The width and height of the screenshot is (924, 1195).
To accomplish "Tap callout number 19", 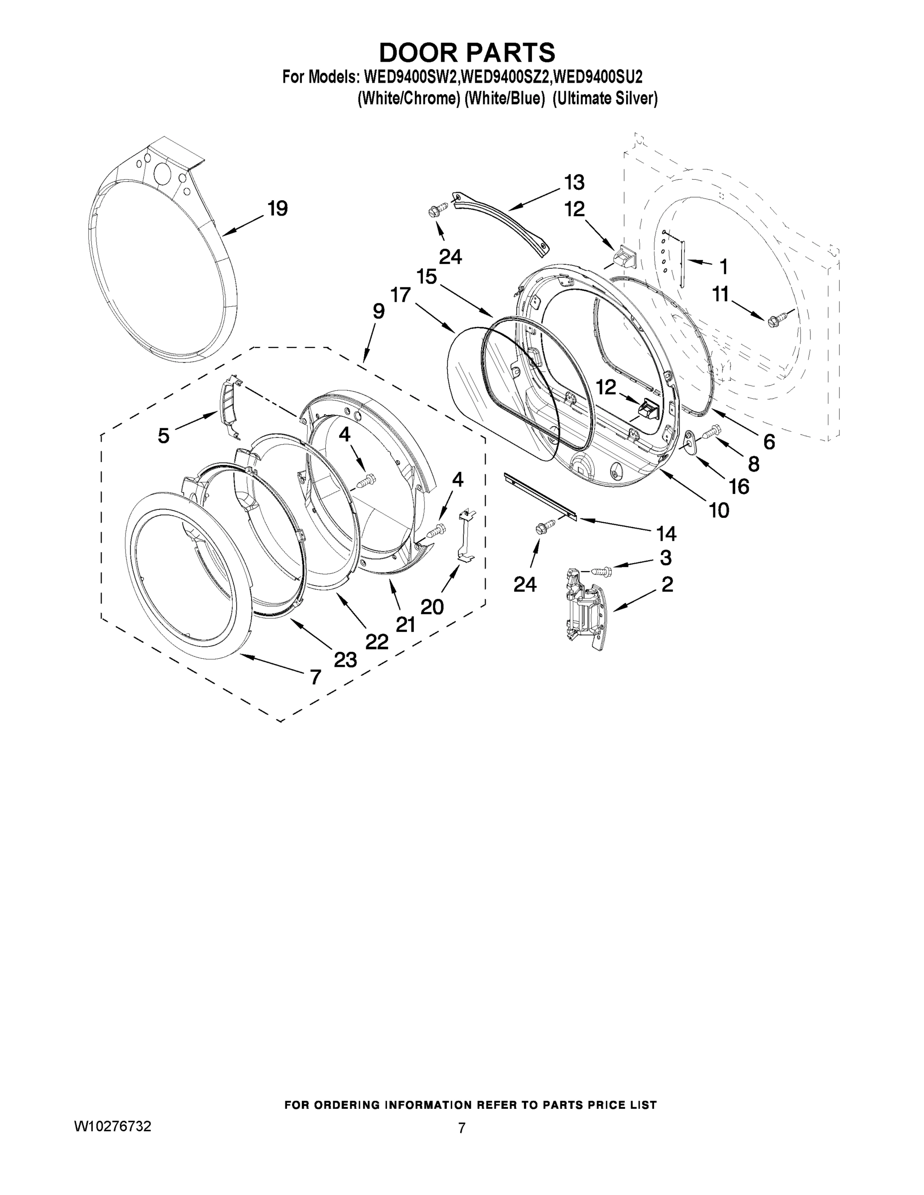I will tap(277, 209).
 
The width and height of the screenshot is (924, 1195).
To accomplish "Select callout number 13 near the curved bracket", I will tap(574, 182).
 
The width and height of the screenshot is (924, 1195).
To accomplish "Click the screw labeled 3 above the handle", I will tap(599, 572).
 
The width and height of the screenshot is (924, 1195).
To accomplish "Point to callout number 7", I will tap(315, 677).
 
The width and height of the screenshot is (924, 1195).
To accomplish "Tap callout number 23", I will tap(345, 660).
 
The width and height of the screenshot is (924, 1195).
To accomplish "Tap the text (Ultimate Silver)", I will tap(605, 99).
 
